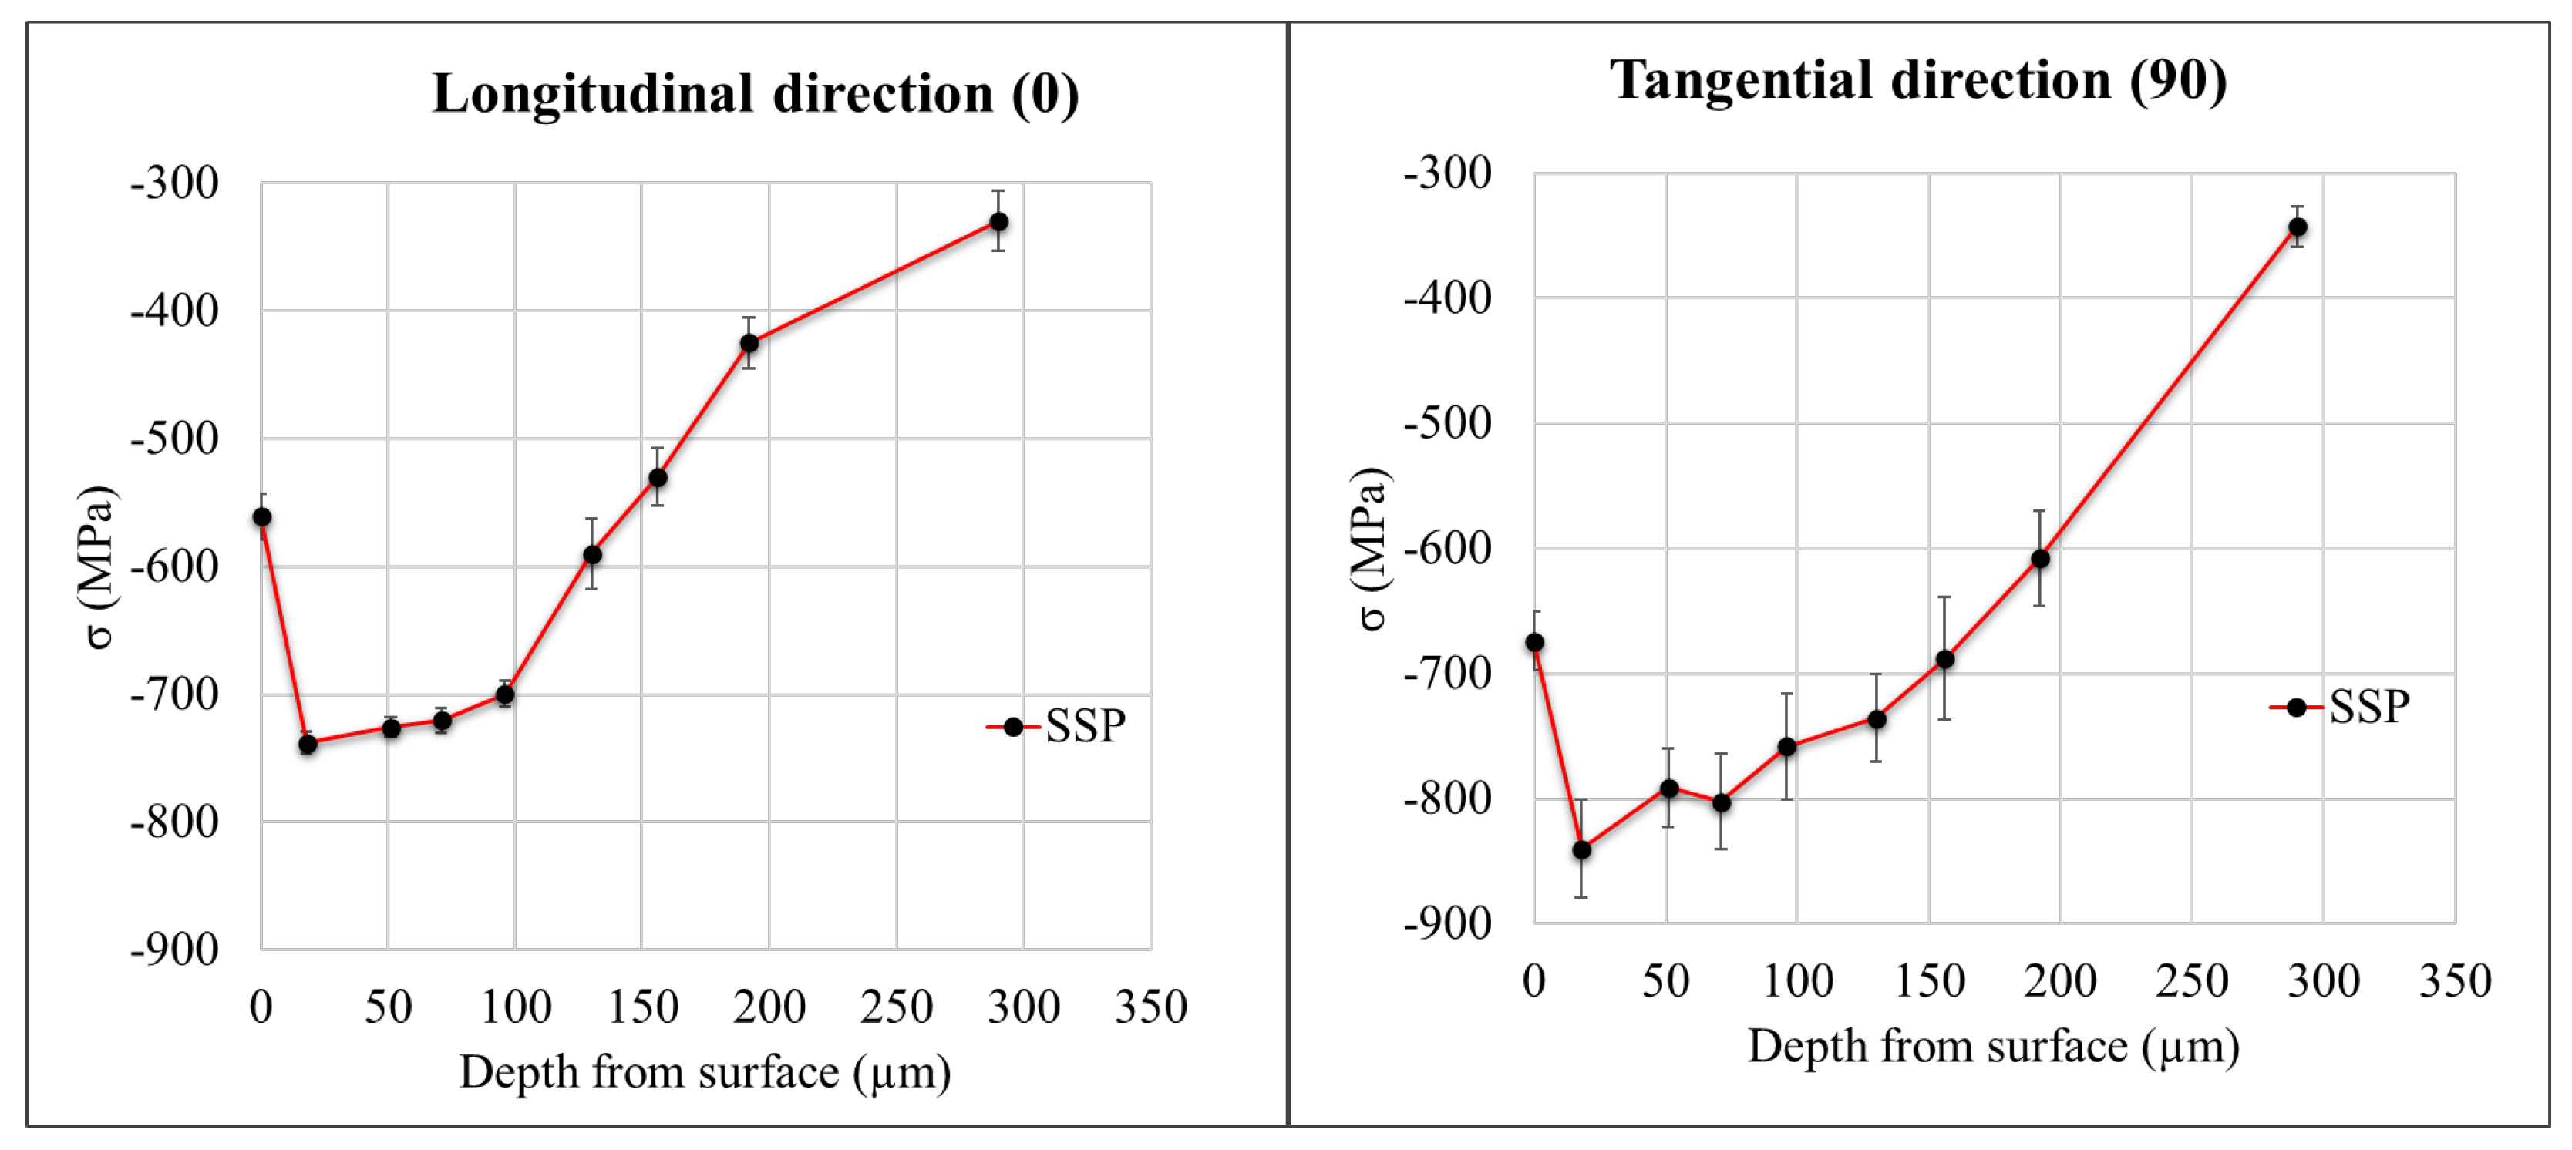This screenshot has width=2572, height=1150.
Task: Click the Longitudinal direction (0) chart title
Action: point(755,94)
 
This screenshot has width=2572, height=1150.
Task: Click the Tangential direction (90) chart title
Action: point(1917,80)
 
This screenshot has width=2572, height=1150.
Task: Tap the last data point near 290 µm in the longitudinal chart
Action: point(998,222)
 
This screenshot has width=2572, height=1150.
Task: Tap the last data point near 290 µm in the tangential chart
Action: point(2298,227)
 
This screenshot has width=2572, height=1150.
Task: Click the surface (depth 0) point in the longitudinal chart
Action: point(261,517)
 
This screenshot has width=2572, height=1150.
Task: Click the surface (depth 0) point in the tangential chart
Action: point(1534,642)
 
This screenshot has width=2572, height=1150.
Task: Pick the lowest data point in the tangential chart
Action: point(1581,850)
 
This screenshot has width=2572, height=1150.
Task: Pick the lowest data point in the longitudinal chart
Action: point(308,744)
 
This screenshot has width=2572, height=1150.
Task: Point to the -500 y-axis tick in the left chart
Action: point(175,439)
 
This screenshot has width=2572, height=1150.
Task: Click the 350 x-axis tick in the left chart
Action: point(1150,1007)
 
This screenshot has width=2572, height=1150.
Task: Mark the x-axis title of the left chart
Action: point(704,1073)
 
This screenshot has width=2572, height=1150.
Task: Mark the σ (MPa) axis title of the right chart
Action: point(1370,548)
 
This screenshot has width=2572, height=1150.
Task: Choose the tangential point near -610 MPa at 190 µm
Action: point(2040,559)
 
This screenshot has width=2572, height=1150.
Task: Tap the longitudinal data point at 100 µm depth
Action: point(505,694)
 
